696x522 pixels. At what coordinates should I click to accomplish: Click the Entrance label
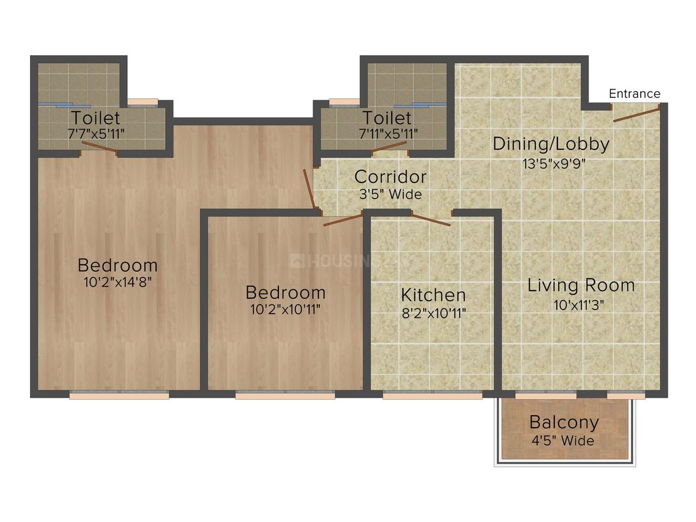(x=634, y=94)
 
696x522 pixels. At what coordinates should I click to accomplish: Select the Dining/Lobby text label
(x=551, y=144)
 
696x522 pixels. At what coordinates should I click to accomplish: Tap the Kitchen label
(x=433, y=295)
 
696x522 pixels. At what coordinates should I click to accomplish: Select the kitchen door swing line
(x=431, y=220)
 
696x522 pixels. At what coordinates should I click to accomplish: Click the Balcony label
(x=563, y=422)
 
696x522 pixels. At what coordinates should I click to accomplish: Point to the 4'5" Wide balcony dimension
(x=563, y=441)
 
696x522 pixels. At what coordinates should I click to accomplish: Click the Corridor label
(x=390, y=177)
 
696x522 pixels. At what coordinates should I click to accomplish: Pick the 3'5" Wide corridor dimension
(x=390, y=194)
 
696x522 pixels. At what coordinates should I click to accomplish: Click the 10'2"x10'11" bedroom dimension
(x=285, y=310)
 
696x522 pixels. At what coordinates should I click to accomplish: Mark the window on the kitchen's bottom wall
(x=433, y=396)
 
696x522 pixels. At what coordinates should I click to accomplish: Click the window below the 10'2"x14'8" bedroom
(x=119, y=395)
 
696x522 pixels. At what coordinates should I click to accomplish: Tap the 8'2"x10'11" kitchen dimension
(x=433, y=313)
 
